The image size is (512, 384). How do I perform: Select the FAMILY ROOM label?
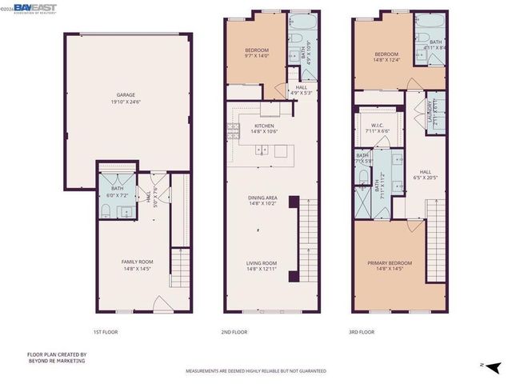(x=138, y=262)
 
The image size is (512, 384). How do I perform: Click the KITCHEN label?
(x=264, y=126)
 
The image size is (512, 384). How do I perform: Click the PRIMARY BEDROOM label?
(x=390, y=262)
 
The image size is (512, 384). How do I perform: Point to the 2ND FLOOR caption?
(x=234, y=331)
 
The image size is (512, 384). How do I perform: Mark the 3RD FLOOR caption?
(x=362, y=331)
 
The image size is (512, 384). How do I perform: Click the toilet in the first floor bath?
(x=106, y=210)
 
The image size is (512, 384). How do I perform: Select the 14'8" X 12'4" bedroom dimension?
(x=386, y=60)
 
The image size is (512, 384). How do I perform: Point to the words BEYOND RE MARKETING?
(x=56, y=361)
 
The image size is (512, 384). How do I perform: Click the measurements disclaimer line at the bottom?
(x=255, y=371)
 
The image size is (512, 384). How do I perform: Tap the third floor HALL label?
(x=425, y=171)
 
